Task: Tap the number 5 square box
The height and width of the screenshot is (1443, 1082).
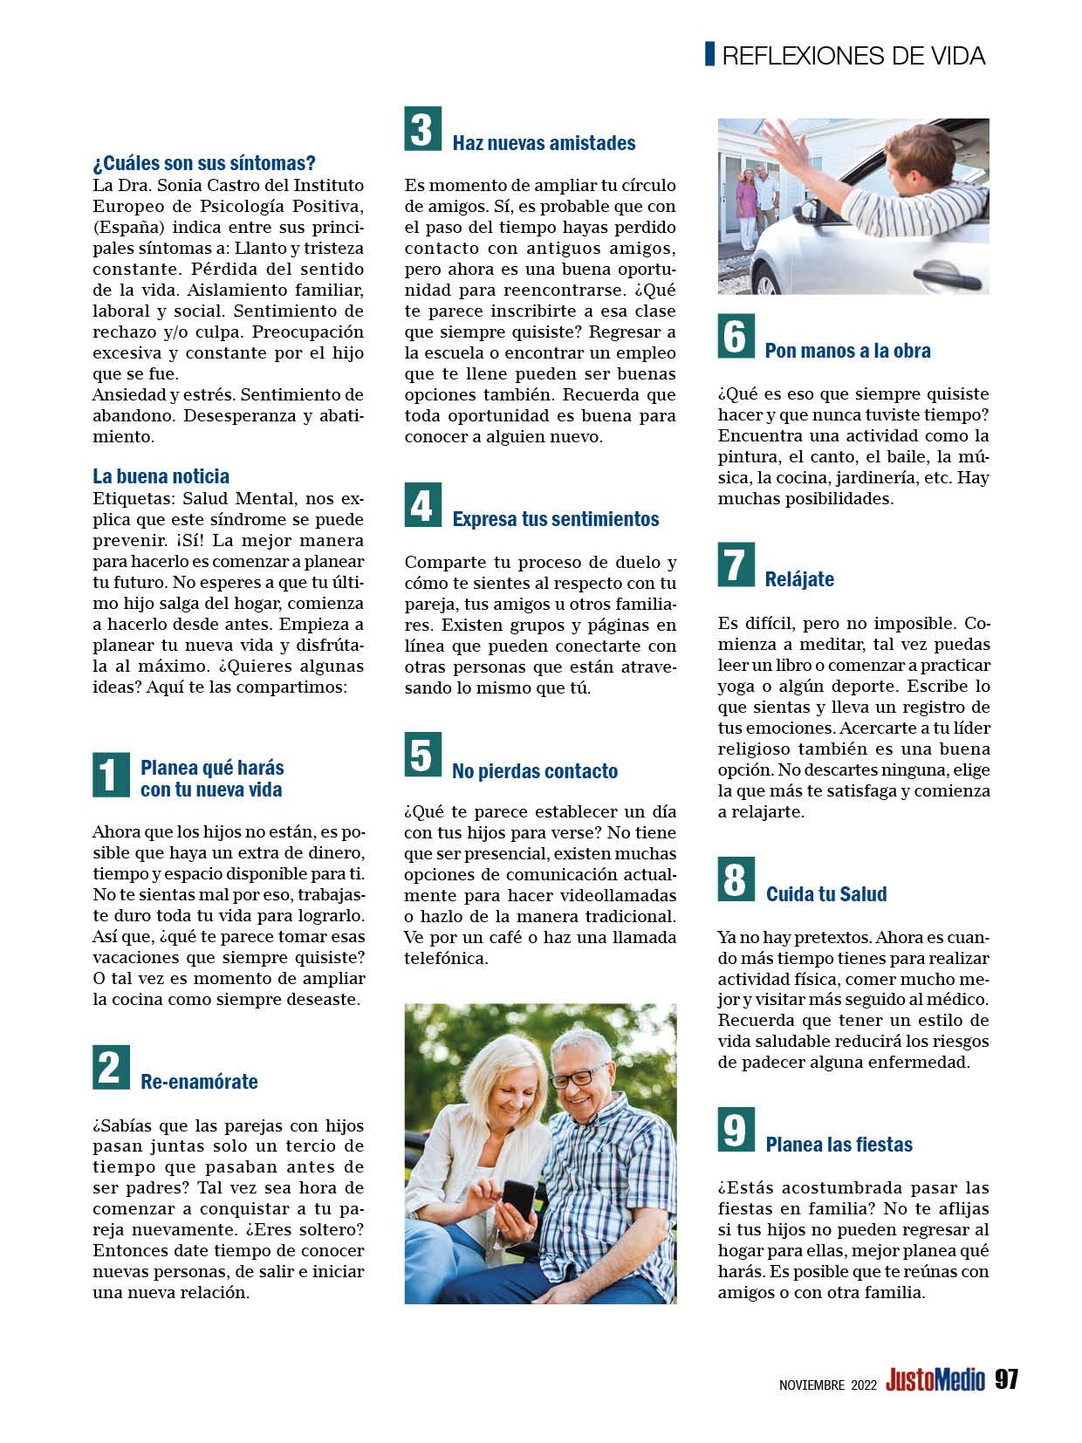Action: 422,756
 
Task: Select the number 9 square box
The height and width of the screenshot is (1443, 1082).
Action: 735,1129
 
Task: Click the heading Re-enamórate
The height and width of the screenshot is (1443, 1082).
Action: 199,1082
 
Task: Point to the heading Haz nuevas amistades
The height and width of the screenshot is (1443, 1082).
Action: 544,143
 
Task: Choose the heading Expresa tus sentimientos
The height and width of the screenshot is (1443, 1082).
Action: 555,519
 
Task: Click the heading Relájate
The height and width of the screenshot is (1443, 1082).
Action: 799,579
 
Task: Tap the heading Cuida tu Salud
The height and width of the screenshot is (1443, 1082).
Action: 825,894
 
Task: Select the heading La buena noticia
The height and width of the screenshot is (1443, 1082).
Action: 161,476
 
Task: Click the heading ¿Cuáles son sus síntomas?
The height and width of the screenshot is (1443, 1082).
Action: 204,163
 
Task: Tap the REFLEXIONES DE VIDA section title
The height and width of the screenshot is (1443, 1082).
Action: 853,57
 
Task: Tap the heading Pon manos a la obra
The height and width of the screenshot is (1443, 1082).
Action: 847,351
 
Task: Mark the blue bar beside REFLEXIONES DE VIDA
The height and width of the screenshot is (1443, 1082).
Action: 710,54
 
